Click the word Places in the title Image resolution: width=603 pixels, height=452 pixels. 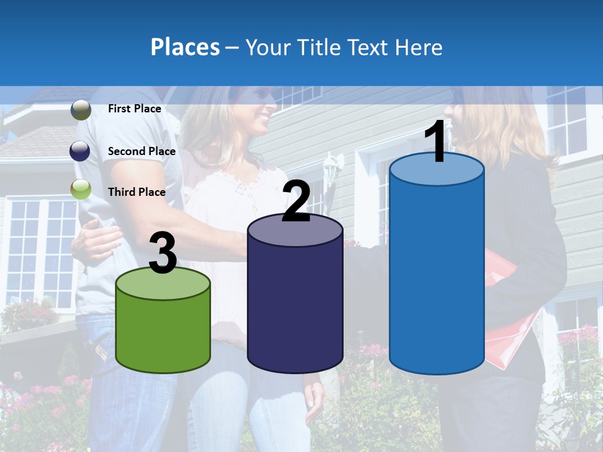185,47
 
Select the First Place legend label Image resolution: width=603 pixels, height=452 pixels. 134,109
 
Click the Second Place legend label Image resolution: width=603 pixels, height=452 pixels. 141,151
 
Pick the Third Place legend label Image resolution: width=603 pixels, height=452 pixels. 136,192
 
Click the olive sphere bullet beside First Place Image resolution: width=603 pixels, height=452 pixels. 81,110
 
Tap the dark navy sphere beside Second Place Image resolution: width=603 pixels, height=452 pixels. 81,151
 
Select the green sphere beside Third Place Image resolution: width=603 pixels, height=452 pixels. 81,189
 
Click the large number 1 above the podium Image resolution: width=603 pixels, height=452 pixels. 436,143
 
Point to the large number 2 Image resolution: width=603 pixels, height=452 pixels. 296,202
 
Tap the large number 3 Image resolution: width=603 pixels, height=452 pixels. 163,254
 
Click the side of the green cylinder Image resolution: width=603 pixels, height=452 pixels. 163,336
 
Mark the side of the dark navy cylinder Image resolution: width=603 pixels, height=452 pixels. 295,308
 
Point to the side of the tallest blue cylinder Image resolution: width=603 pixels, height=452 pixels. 437,276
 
